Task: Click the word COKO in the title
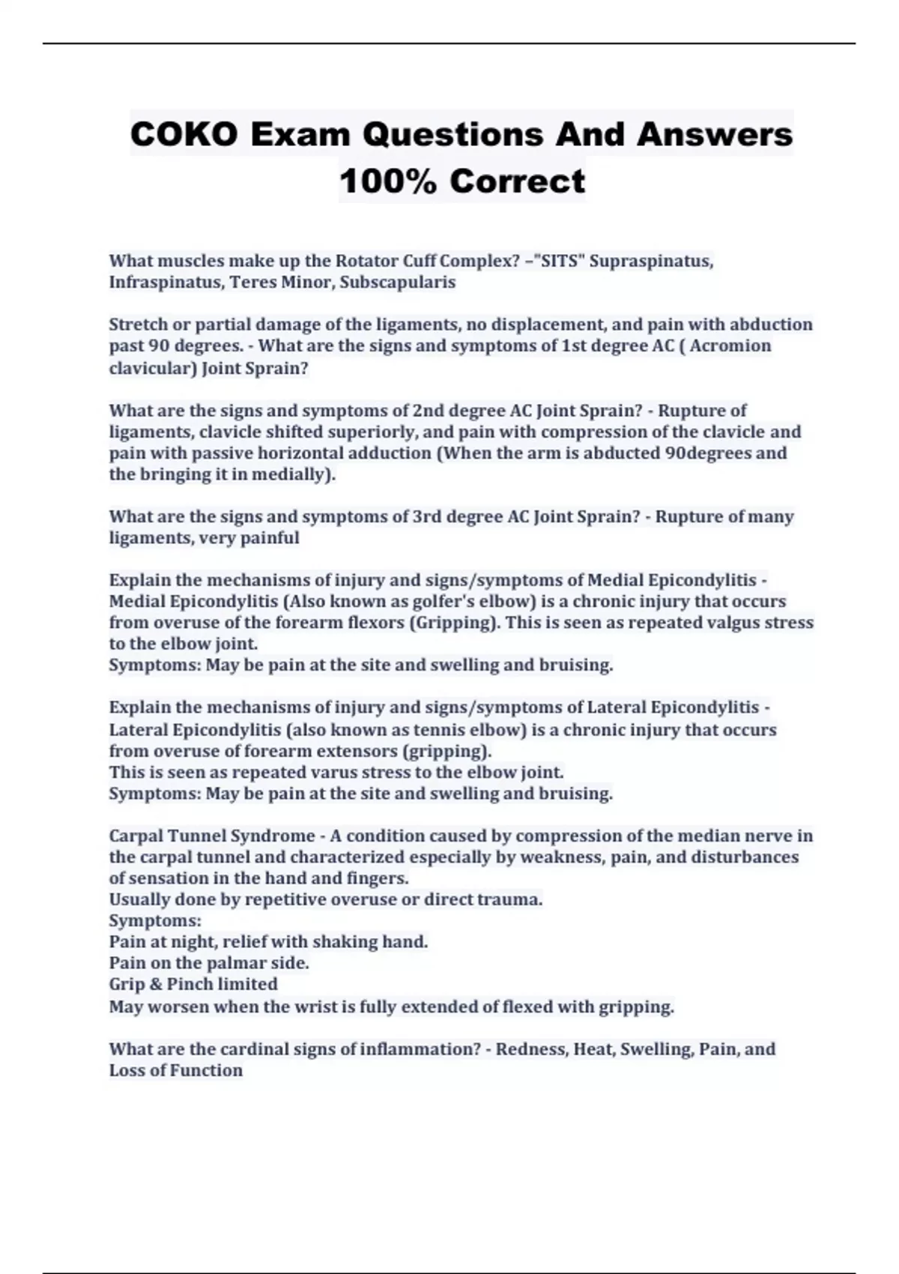(184, 135)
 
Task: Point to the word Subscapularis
(398, 283)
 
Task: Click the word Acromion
(730, 345)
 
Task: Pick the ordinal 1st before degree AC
(576, 345)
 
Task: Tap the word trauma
(511, 899)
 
